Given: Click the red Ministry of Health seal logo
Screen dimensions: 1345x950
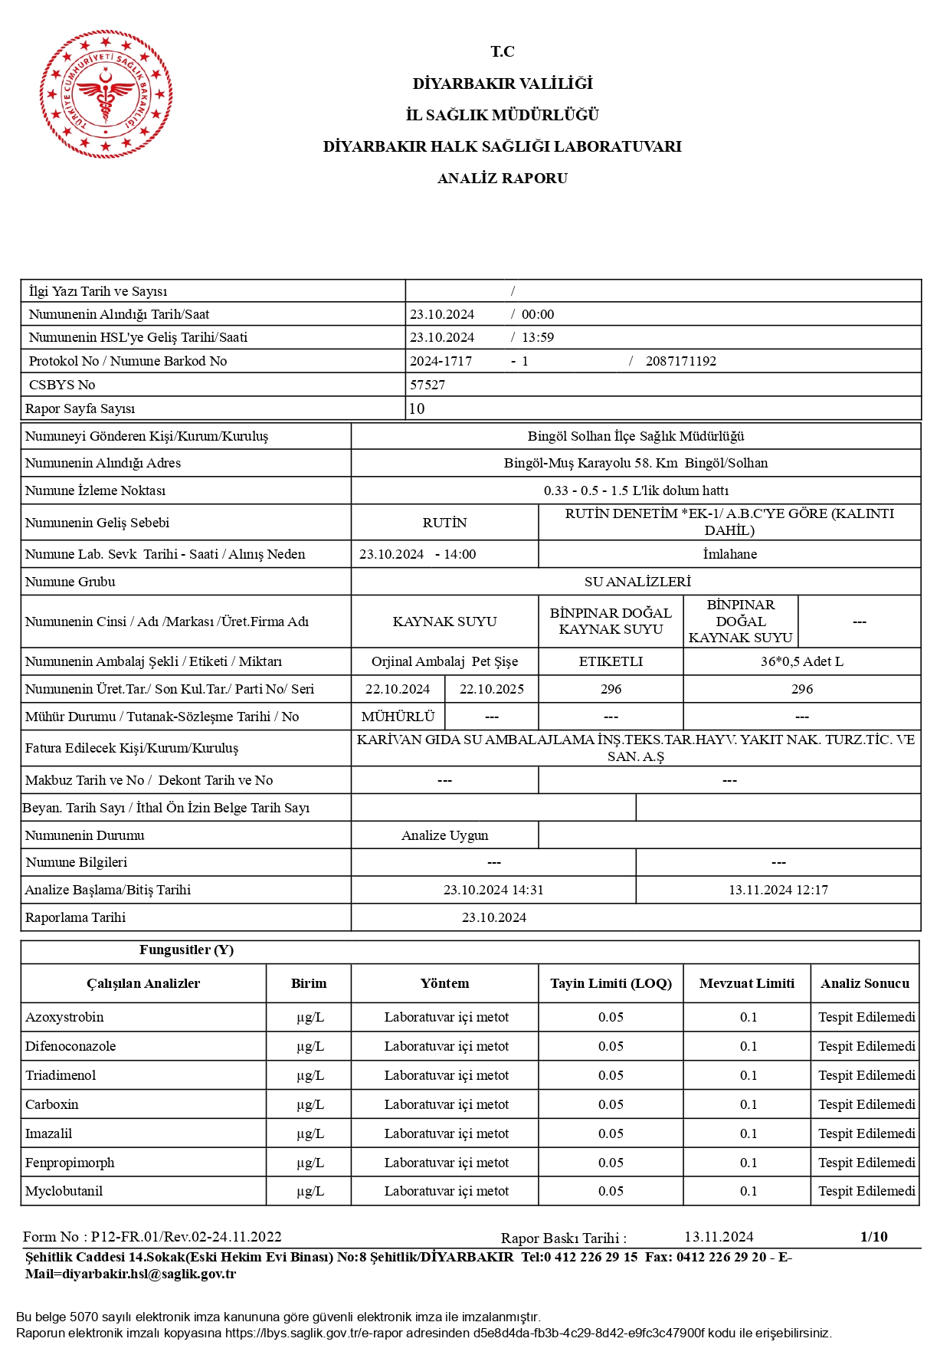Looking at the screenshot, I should [106, 94].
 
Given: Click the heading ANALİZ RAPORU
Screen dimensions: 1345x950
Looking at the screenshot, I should [502, 179].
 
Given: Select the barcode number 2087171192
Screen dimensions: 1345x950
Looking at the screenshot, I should [680, 361].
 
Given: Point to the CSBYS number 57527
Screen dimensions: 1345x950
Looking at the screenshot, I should [427, 385].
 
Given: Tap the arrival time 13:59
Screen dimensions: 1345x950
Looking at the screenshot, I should [538, 337].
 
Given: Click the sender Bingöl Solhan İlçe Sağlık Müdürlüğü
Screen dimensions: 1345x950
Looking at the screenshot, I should [636, 436].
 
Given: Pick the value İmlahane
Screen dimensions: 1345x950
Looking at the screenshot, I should [729, 554].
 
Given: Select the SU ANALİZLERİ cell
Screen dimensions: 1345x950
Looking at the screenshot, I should [637, 582].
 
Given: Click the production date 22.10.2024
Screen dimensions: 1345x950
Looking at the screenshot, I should [398, 689].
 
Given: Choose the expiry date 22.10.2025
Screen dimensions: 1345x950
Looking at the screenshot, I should [491, 689].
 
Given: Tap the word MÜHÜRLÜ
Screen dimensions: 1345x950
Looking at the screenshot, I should [398, 717].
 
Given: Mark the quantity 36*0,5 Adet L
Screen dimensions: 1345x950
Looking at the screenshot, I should [801, 661].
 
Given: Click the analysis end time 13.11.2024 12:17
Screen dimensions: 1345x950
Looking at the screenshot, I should [778, 890].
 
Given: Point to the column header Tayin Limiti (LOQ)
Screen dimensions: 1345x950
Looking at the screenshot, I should [611, 983].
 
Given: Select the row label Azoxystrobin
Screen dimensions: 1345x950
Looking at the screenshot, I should [64, 1017].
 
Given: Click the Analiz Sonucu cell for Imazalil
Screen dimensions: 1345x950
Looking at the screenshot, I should [866, 1133].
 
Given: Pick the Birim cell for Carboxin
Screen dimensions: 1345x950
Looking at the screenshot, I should [310, 1104].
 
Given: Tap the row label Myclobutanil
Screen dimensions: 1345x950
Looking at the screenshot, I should [64, 1191].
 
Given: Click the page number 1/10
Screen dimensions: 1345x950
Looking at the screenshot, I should [873, 1236].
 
